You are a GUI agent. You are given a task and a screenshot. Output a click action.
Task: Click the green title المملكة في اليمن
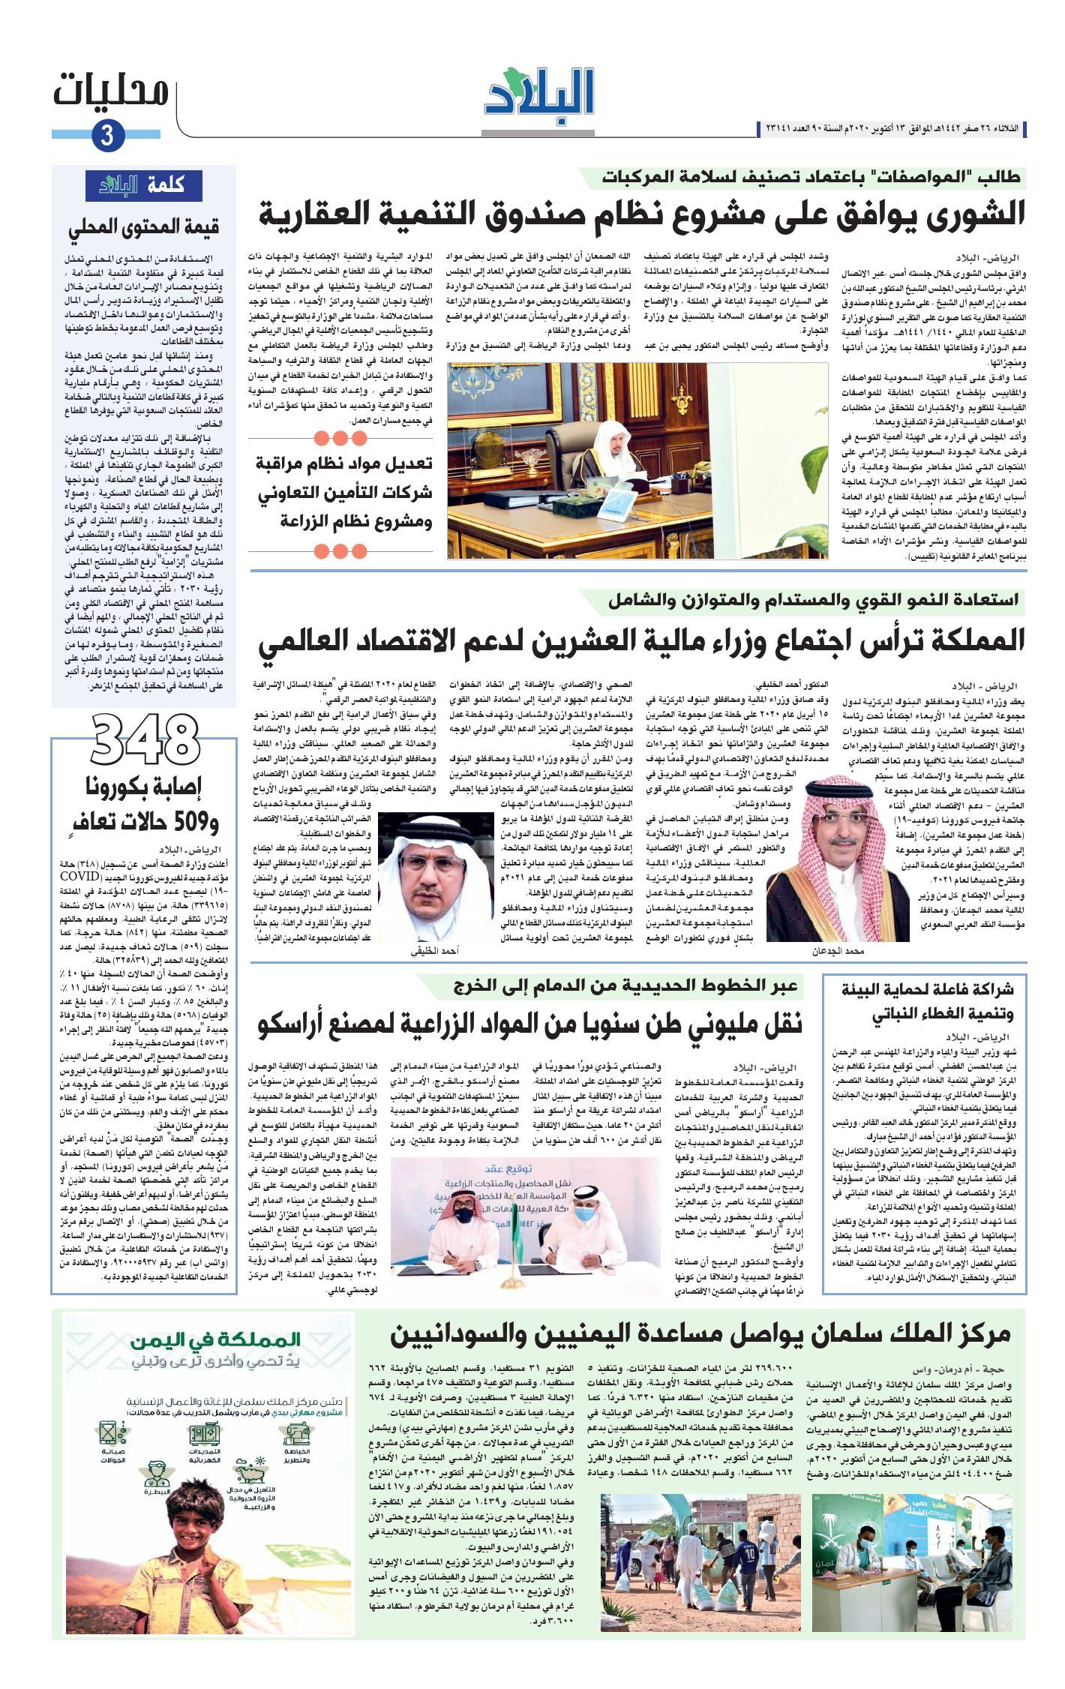[214, 1339]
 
